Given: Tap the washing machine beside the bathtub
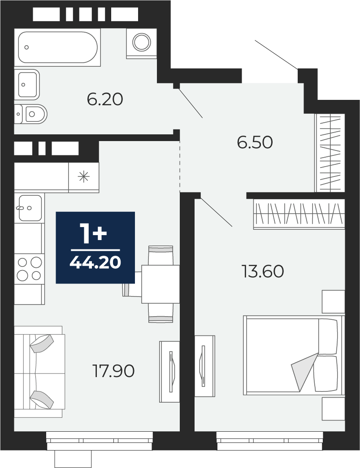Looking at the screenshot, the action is pyautogui.click(x=141, y=43).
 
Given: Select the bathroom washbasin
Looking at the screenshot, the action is pyautogui.click(x=27, y=85).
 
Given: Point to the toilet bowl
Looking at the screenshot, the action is pyautogui.click(x=31, y=114).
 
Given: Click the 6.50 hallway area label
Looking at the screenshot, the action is pyautogui.click(x=255, y=142).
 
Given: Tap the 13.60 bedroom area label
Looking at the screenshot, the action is pyautogui.click(x=263, y=271).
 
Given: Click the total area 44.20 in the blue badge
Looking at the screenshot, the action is pyautogui.click(x=95, y=262).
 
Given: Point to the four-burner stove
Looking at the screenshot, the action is pyautogui.click(x=29, y=269).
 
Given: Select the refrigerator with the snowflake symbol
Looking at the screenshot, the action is pyautogui.click(x=84, y=177).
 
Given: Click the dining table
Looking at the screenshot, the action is pyautogui.click(x=160, y=284).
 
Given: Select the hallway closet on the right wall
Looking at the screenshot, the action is pyautogui.click(x=330, y=153).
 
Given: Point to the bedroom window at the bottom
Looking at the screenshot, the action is pyautogui.click(x=270, y=441).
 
